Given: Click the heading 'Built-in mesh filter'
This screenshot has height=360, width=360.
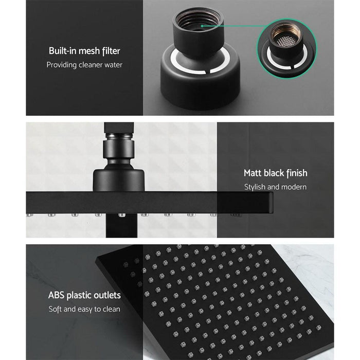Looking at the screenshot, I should tap(84, 51).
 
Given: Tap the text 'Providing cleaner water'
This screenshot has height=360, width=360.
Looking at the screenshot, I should tap(84, 65).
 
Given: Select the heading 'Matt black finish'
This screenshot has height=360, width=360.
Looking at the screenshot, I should tap(275, 173).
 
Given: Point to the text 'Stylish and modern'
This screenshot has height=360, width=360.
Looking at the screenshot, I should tap(275, 187).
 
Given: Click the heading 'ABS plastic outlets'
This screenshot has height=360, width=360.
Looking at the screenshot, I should tap(84, 295).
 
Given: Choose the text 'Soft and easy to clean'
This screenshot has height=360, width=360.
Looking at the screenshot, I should tap(84, 309).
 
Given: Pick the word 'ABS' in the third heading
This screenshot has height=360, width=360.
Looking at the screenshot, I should tap(57, 295).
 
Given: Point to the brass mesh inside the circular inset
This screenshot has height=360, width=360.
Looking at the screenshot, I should tap(283, 34).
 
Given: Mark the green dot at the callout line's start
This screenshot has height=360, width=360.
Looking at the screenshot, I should tap(202, 25).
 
